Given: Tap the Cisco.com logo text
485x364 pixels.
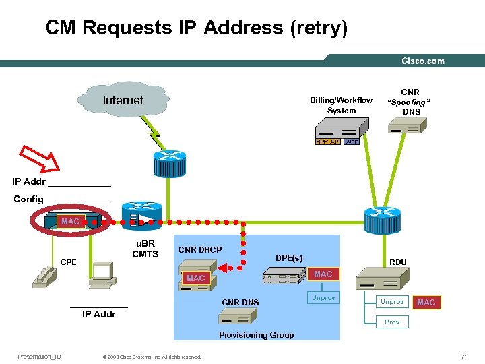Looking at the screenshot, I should coord(423,61).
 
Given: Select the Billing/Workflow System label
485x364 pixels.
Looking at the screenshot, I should coord(341,106).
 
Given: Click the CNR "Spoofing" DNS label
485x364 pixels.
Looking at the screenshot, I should coord(410,102).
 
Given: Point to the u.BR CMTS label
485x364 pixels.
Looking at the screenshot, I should coord(145,249).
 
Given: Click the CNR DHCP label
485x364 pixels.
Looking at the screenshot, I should coord(199,250).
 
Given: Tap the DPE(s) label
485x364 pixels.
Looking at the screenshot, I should coord(289,257).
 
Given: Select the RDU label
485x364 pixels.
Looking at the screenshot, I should coord(397,262).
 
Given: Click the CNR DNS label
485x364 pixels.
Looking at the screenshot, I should coord(240,302).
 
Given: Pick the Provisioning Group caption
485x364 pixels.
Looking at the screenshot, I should coord(256,335).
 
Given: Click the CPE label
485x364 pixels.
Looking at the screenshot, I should coord(68,262).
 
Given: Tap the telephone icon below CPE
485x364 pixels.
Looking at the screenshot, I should coord(46,276).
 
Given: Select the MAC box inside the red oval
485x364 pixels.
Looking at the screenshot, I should coord(71,222).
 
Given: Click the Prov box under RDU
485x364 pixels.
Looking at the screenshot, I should coord(392,322).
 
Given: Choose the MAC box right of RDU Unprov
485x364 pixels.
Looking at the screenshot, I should coord(426,302).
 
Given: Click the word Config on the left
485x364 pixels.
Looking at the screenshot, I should coord(29,200).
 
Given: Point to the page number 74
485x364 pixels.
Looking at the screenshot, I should coord(464,356).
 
